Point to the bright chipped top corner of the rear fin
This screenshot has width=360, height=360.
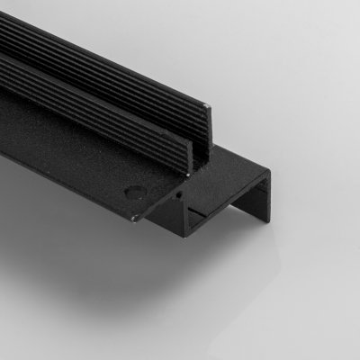[x=210, y=108]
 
